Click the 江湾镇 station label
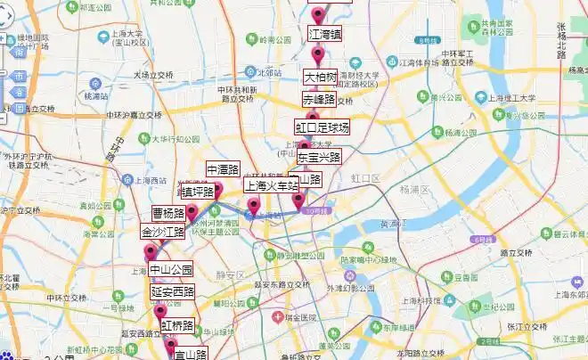pyautogui.click(x=325, y=34)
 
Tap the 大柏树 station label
pyautogui.click(x=321, y=77)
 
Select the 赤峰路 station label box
pyautogui.click(x=318, y=99)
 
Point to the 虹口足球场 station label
pyautogui.click(x=323, y=127)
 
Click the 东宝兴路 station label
pyautogui.click(x=318, y=157)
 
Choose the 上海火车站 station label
pyautogui.click(x=271, y=185)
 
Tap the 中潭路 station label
pyautogui.click(x=223, y=169)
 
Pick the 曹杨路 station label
pyautogui.click(x=168, y=214)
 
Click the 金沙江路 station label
pyautogui.click(x=162, y=232)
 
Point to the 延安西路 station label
pyautogui.click(x=172, y=291)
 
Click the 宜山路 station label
pyautogui.click(x=190, y=354)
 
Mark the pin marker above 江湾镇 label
pyautogui.click(x=318, y=13)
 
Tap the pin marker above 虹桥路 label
pyautogui.click(x=160, y=311)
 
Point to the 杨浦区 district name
pyautogui.click(x=414, y=190)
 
